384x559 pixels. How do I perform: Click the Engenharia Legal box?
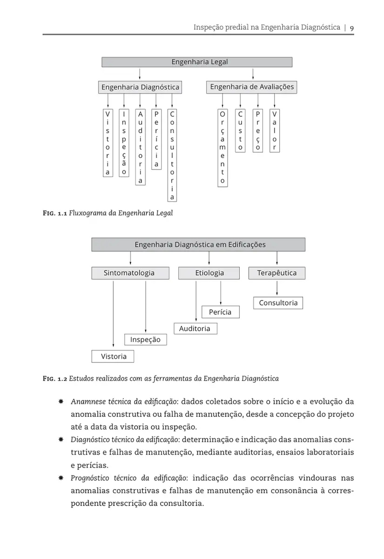[197, 62]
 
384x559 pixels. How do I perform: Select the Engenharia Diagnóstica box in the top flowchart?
[140, 87]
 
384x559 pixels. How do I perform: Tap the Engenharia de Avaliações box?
[252, 87]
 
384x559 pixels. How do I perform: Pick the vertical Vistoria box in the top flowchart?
[108, 143]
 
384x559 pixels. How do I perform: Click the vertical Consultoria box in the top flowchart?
[172, 156]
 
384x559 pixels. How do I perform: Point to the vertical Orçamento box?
[222, 148]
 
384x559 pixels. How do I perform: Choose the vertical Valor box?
[275, 130]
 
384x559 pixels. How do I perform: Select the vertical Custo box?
[240, 130]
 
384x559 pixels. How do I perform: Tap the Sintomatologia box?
[129, 273]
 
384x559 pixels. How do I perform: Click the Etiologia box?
[209, 273]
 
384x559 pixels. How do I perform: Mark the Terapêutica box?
[277, 273]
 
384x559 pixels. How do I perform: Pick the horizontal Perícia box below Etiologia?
[220, 312]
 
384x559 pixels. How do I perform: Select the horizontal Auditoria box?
[195, 328]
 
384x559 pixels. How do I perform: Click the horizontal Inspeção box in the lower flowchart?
[145, 340]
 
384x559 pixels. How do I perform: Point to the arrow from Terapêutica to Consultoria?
[277, 288]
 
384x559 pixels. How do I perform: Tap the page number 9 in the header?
[352, 28]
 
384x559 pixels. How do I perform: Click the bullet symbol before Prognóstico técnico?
[61, 478]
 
